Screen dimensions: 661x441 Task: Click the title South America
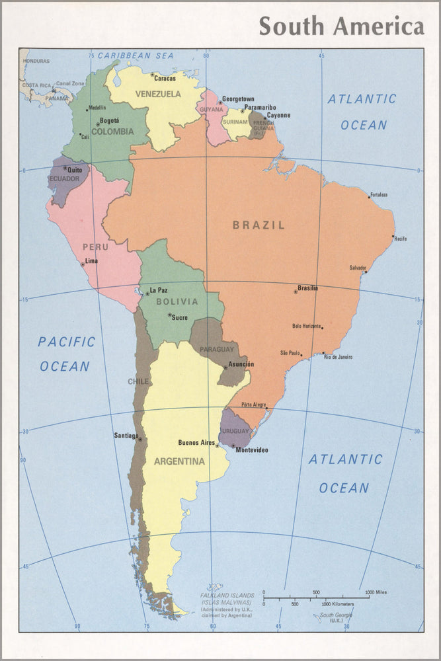coord(341,26)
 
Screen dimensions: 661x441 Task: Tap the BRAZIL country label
coord(259,225)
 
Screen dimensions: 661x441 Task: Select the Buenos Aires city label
coord(196,442)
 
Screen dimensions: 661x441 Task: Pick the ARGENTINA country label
coord(179,461)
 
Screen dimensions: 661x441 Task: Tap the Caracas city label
coord(165,79)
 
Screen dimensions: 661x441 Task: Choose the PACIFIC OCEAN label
coord(65,354)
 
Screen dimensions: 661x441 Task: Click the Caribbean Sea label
coord(136,56)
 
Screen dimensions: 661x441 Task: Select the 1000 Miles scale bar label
coord(378,592)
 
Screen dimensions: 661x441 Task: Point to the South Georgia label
coord(337,615)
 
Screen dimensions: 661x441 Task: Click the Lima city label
coord(91,261)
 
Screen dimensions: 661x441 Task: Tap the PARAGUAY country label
coord(217,349)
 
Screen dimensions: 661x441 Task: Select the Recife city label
coord(400,238)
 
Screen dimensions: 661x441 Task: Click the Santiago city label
coord(126,436)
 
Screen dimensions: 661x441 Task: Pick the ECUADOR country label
coord(64,178)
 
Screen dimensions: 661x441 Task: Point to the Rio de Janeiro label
coord(338,357)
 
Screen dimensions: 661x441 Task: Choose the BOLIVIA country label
coord(177,301)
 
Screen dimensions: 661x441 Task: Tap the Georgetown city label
coord(238,98)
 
